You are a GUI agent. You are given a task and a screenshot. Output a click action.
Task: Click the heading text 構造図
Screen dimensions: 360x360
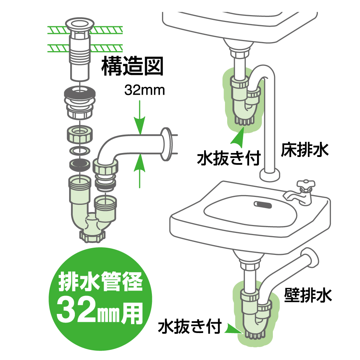point(132,66)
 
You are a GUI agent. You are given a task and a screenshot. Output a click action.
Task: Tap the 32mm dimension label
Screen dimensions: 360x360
point(145,90)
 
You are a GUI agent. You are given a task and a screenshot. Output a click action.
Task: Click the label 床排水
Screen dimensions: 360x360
point(305,150)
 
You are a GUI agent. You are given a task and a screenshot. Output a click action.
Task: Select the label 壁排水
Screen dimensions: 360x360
point(308,295)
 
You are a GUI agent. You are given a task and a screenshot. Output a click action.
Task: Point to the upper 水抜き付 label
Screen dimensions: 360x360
point(229,158)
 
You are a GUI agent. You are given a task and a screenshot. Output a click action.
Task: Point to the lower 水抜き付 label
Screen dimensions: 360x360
point(190,326)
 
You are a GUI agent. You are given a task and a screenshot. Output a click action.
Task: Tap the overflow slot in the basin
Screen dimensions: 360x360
point(263,204)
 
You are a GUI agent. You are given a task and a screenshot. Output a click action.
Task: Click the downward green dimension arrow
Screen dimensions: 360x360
point(140,117)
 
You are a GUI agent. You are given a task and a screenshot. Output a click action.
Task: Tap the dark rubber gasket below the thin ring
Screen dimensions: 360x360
point(80,165)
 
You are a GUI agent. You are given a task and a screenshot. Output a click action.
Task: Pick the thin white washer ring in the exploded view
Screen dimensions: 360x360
point(80,151)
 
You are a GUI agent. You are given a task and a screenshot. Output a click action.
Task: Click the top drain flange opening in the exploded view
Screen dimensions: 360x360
point(80,24)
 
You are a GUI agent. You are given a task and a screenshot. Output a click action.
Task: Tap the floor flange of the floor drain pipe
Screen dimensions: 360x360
point(270,175)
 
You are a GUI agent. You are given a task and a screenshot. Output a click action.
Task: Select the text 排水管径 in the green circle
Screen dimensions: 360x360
point(100,282)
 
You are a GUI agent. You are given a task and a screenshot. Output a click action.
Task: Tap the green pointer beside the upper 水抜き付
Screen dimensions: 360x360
point(238,138)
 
